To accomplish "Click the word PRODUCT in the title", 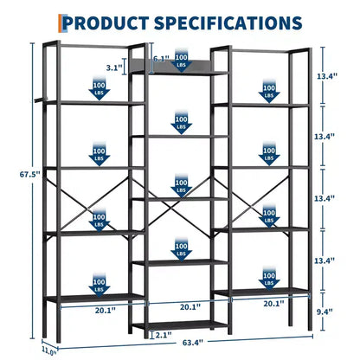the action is point(106,23).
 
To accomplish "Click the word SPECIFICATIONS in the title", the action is point(228,23).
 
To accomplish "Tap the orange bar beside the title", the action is point(60,23).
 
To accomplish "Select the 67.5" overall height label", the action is point(30,175).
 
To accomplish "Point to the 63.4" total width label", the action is point(193,343).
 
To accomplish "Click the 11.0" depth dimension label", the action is point(49,351).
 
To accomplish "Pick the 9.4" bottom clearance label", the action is point(324,312).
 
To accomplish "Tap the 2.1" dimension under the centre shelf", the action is point(164,335).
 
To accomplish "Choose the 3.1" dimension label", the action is point(114,67).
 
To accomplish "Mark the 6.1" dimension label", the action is point(161,59).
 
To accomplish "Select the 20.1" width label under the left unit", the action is point(106,311).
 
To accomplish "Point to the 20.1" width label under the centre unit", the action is point(190,307).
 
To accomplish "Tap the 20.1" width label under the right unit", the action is point(273,304).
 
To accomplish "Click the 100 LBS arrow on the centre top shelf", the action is point(181,61).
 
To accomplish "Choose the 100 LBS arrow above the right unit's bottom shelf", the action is point(269,279).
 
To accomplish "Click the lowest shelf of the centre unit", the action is point(181,325).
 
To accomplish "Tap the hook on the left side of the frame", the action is point(39,100).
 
